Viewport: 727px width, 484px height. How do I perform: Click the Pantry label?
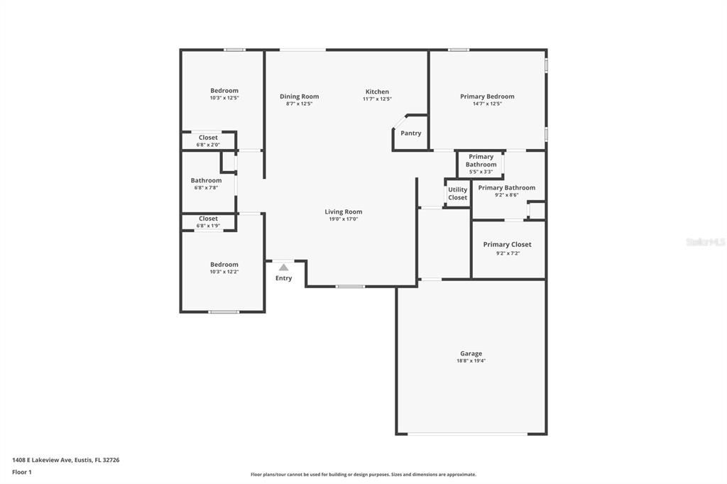point(410,133)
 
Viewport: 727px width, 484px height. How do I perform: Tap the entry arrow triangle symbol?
point(283,268)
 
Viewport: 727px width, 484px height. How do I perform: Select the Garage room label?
point(471,353)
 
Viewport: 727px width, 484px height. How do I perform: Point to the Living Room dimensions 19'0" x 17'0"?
point(344,219)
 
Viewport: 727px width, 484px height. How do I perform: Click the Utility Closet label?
point(458,194)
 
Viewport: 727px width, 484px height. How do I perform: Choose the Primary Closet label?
point(507,245)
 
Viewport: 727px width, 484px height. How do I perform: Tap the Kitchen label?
point(377,92)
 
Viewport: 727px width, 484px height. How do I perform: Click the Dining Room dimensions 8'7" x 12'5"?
point(299,104)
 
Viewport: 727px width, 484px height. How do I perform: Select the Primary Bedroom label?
point(487,97)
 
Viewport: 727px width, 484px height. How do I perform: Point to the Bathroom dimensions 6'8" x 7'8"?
point(206,188)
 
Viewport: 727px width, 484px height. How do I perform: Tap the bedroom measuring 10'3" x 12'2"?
point(224,265)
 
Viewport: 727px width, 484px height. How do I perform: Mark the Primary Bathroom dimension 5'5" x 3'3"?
point(481,172)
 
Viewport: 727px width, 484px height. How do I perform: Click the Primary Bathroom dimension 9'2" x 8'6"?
point(507,195)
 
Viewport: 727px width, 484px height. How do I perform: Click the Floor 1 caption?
point(22,472)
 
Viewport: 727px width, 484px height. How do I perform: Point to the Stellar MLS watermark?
point(705,242)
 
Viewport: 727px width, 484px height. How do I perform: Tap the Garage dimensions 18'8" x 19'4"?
point(471,361)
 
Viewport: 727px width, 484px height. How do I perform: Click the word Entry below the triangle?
point(283,278)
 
